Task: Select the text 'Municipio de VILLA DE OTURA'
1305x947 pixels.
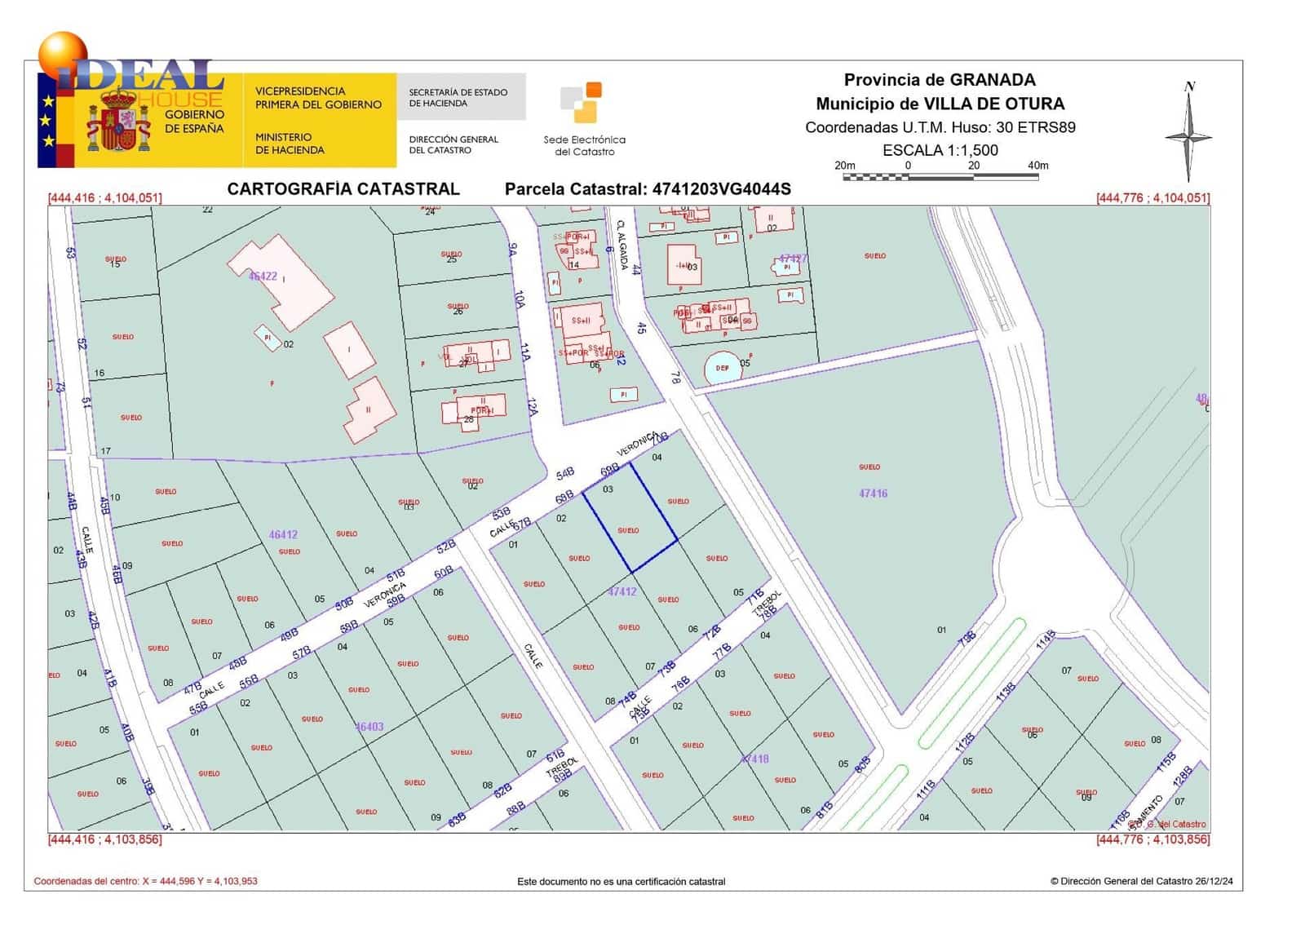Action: (940, 104)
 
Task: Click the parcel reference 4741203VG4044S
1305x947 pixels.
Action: (721, 189)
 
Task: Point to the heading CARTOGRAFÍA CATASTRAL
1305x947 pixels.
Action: (343, 189)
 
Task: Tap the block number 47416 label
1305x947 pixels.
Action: (873, 493)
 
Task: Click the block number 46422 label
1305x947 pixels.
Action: (263, 277)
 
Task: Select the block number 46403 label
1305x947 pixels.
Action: (369, 727)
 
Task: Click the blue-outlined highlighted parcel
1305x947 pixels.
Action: (630, 517)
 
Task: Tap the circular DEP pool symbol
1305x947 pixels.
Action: (722, 368)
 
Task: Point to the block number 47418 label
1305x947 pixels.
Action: (754, 759)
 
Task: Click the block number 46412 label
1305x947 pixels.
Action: (283, 535)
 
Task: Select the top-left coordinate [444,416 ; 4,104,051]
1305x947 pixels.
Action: (105, 198)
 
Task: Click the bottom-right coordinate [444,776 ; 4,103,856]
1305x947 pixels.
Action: (1152, 839)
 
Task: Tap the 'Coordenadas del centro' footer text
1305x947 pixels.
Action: (145, 881)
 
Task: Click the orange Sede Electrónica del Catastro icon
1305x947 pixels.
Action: (582, 102)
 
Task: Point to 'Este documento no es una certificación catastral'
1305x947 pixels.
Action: (621, 882)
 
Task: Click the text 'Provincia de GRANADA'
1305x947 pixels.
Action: (940, 80)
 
